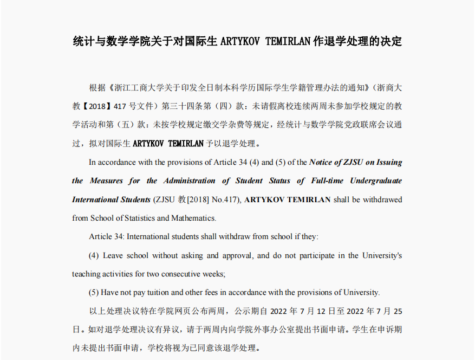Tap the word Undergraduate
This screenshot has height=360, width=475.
pyautogui.click(x=376, y=181)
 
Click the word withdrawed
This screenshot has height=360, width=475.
pyautogui.click(x=382, y=200)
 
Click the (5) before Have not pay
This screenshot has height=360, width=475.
pyautogui.click(x=94, y=292)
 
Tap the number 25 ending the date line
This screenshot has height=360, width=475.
pyautogui.click(x=398, y=312)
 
